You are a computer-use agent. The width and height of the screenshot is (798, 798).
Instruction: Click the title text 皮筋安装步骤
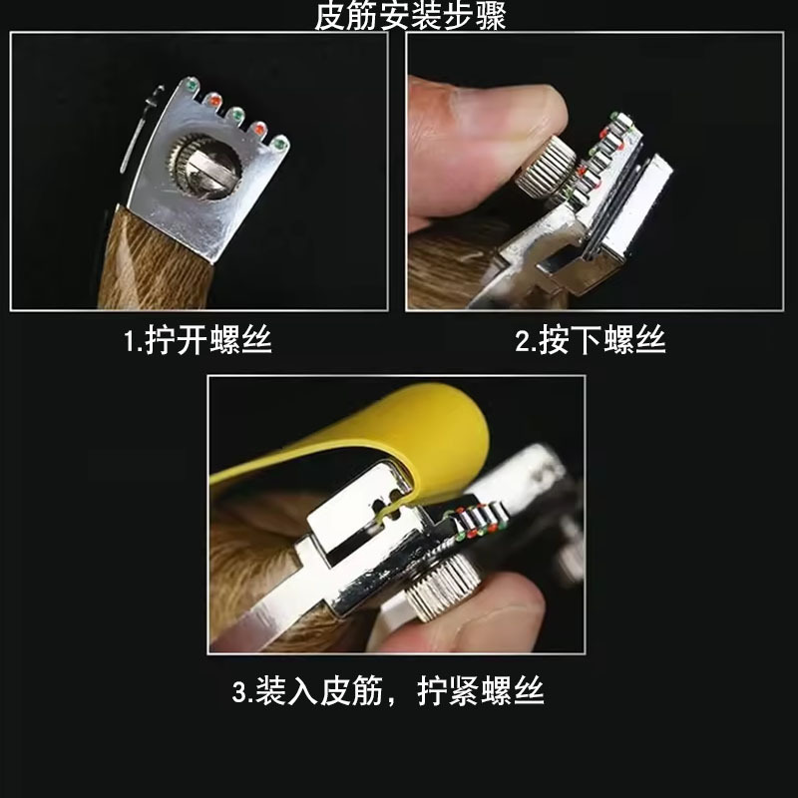(410, 15)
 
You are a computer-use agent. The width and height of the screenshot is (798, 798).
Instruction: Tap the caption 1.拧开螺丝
(198, 339)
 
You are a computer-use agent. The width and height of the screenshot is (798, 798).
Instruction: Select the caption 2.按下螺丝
(591, 339)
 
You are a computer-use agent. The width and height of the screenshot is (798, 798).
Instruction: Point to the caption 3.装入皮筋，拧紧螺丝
(388, 691)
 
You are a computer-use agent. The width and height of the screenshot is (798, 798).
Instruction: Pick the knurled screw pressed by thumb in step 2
(546, 169)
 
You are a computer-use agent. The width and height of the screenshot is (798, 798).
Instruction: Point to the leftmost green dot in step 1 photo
(193, 83)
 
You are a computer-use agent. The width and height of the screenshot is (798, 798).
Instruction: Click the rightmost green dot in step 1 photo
(279, 144)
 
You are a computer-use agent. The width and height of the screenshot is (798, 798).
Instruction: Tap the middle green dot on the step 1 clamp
(235, 114)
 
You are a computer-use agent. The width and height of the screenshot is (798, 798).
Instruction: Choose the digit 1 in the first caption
(130, 340)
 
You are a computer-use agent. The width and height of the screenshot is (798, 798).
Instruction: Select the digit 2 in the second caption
(523, 340)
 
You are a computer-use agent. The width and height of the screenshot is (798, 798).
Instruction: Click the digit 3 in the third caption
(239, 692)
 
